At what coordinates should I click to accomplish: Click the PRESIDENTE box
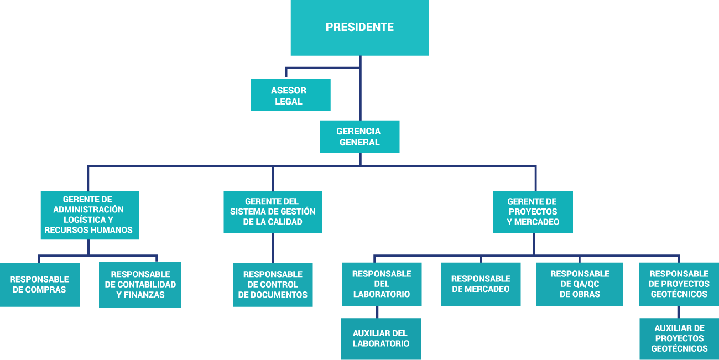coord(359,28)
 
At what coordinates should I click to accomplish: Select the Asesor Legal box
coord(290,95)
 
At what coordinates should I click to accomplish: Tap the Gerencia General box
coord(359,137)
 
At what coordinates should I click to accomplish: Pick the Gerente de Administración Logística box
coord(90,215)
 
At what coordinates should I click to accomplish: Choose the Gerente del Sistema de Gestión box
coord(273,212)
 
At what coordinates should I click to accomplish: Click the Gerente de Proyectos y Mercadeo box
coord(533,212)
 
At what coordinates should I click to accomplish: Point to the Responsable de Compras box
coord(39,284)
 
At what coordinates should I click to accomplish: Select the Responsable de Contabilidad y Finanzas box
coord(140,285)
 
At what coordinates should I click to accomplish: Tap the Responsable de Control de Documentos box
coord(273,285)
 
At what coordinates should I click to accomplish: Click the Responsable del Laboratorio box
coord(382,284)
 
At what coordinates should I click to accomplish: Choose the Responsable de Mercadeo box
coord(481,284)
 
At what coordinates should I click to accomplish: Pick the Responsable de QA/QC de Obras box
coord(579,284)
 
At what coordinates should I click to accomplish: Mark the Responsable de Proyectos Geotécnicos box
coord(679,284)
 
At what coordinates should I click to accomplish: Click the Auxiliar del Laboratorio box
coord(381,338)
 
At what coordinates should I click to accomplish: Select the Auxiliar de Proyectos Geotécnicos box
coord(679,338)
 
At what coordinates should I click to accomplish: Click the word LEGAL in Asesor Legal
coord(289,101)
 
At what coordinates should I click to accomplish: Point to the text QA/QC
coord(580,284)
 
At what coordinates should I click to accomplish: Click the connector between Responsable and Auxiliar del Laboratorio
coord(377,312)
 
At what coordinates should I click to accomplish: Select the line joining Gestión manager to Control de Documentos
coord(273,248)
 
